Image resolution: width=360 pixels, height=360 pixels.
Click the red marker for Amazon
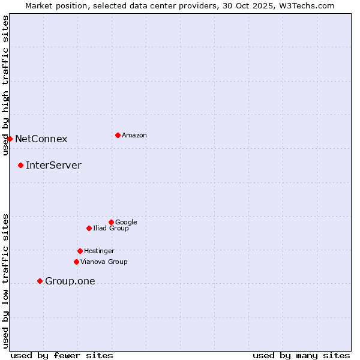click(118, 135)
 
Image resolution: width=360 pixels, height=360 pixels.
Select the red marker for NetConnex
click(10, 139)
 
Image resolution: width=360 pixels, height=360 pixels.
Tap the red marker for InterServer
click(20, 165)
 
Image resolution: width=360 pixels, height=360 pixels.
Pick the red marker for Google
click(111, 222)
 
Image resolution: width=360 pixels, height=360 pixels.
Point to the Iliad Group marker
click(89, 228)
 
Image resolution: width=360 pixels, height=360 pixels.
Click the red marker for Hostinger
click(80, 251)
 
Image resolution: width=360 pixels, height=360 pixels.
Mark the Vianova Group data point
click(76, 262)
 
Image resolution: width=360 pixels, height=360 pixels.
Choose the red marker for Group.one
click(40, 281)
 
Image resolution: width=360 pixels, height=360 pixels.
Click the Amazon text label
click(134, 135)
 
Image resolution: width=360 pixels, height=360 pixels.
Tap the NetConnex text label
click(41, 139)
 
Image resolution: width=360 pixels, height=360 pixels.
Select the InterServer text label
click(53, 166)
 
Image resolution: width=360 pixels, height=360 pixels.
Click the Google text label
click(126, 222)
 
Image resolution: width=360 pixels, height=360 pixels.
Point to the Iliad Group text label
click(111, 228)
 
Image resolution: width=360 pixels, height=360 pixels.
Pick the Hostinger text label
click(99, 251)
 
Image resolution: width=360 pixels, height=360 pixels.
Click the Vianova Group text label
click(104, 262)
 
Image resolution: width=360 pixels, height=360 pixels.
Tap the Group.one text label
click(70, 281)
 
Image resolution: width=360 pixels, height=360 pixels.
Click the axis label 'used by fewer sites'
click(62, 355)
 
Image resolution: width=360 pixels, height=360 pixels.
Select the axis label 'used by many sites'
click(301, 355)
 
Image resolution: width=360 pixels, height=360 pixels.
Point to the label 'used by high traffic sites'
click(5, 85)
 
